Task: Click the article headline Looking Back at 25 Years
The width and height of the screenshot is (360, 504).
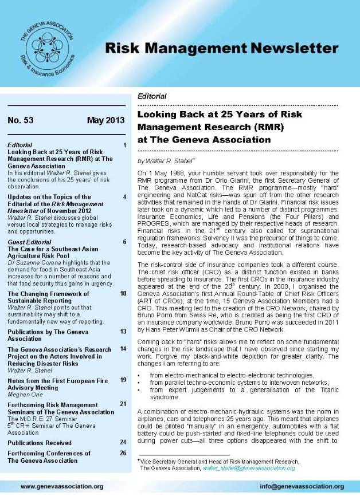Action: [x=220, y=114]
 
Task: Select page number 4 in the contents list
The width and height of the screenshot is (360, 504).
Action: [x=124, y=196]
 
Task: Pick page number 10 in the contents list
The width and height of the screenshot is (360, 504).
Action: [x=123, y=293]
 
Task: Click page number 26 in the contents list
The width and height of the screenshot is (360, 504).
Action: [x=123, y=453]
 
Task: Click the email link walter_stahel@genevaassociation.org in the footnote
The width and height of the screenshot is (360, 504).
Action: [x=249, y=468]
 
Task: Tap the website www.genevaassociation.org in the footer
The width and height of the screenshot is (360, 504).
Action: [x=62, y=486]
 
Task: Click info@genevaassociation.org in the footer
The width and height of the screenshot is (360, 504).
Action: [x=302, y=486]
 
